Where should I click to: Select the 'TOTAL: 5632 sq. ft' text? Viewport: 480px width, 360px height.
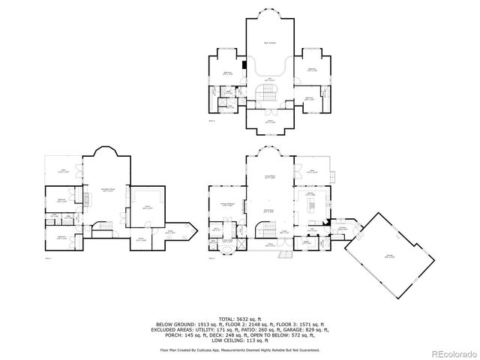239,317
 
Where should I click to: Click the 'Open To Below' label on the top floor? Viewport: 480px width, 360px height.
266,43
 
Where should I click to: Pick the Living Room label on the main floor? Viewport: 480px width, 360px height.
265,177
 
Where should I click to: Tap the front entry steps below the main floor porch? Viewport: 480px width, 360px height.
284,256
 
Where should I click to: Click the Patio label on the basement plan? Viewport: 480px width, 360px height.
64,172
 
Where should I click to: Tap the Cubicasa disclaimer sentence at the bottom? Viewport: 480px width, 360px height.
239,349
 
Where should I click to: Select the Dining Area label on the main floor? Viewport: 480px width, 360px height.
266,211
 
